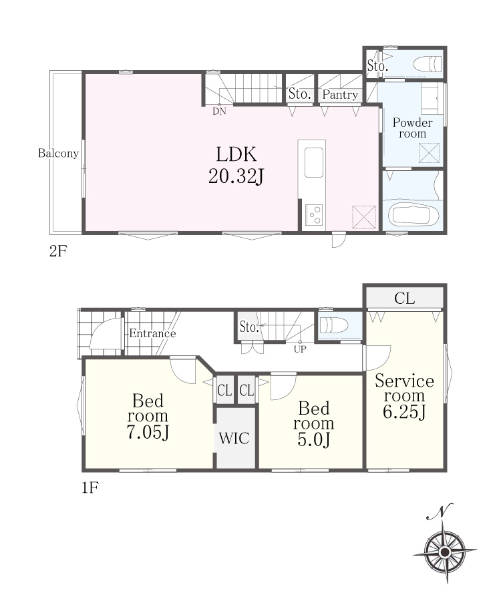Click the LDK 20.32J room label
[236, 165]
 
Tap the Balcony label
[58, 154]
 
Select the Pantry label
[340, 94]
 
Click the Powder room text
[412, 128]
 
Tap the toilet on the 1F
[334, 325]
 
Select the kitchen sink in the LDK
[313, 162]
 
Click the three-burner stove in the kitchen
[314, 214]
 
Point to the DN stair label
[219, 112]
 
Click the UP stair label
[300, 349]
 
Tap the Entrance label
[152, 333]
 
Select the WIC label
[234, 438]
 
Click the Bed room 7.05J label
[148, 416]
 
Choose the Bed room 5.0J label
[313, 424]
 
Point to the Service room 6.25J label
[404, 396]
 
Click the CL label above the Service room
[404, 298]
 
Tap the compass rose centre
[445, 552]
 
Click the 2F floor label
[58, 251]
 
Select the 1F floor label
[90, 487]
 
